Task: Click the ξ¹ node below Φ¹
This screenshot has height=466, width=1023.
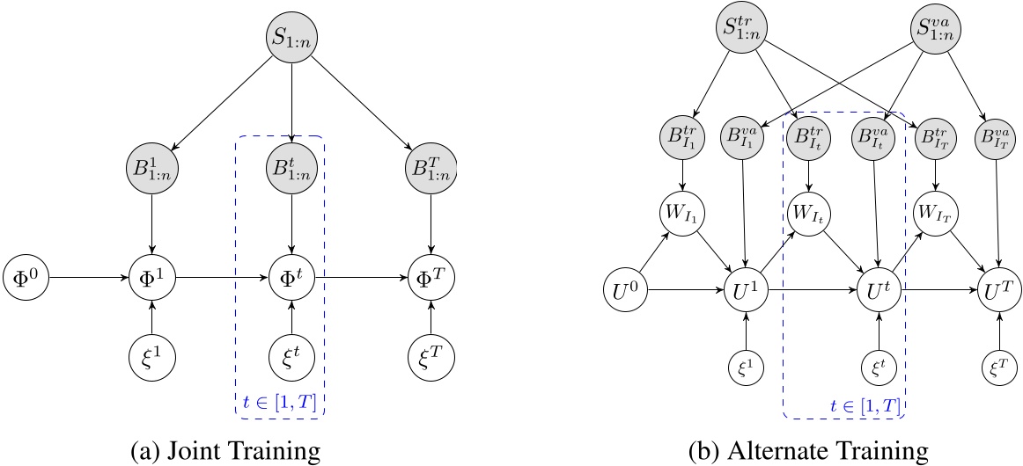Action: pyautogui.click(x=153, y=358)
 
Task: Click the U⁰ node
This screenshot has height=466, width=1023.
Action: pyautogui.click(x=624, y=288)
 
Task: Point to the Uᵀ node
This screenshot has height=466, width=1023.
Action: pyautogui.click(x=1000, y=288)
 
